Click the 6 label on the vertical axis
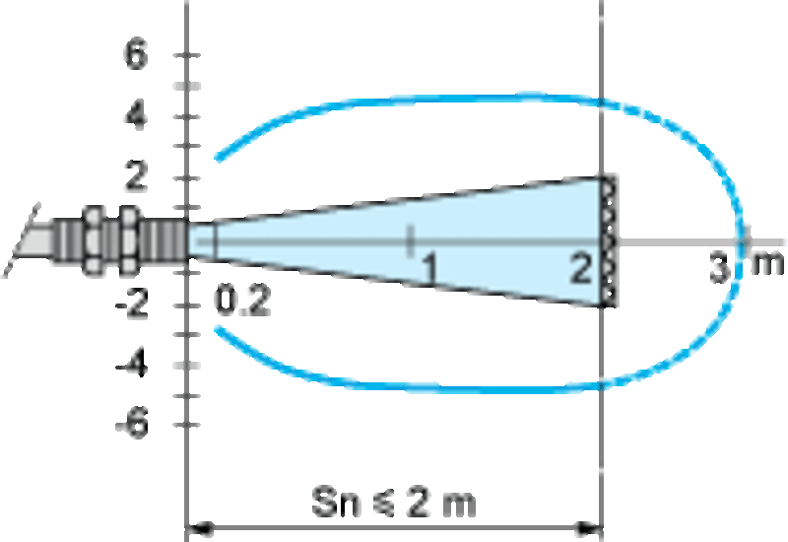136,54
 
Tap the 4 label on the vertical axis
136,115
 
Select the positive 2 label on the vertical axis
136,175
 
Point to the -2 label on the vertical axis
132,304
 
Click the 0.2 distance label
242,301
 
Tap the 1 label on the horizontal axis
428,267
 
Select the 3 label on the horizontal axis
720,267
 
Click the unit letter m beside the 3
767,264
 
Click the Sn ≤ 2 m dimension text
393,502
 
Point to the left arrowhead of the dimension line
200,528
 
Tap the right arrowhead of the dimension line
589,528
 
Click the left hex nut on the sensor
93,241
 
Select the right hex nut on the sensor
128,241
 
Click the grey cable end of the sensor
32,240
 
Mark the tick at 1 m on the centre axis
410,240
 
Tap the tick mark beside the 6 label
187,55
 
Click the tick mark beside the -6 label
187,426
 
